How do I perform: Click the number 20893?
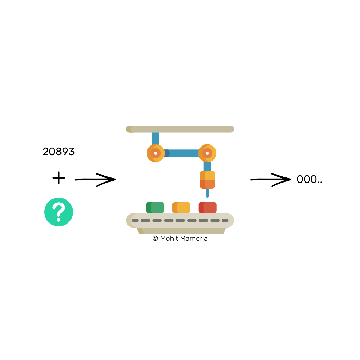click(x=59, y=152)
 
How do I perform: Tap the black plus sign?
click(x=59, y=178)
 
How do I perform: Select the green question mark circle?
click(x=59, y=212)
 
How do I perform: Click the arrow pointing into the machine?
click(x=95, y=179)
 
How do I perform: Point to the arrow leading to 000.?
click(x=270, y=179)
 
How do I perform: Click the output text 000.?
click(x=309, y=180)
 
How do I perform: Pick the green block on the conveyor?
click(x=155, y=208)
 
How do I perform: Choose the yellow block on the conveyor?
click(x=181, y=208)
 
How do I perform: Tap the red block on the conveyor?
click(x=208, y=208)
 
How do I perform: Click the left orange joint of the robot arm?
click(x=156, y=153)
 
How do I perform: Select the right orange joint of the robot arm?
click(x=207, y=153)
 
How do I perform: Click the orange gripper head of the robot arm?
click(x=207, y=180)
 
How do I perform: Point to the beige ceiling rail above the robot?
click(x=180, y=129)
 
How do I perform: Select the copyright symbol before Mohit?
click(x=156, y=238)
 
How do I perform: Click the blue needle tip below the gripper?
click(x=207, y=193)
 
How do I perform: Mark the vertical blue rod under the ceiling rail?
click(x=156, y=138)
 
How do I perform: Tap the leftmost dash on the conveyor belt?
click(x=135, y=220)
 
